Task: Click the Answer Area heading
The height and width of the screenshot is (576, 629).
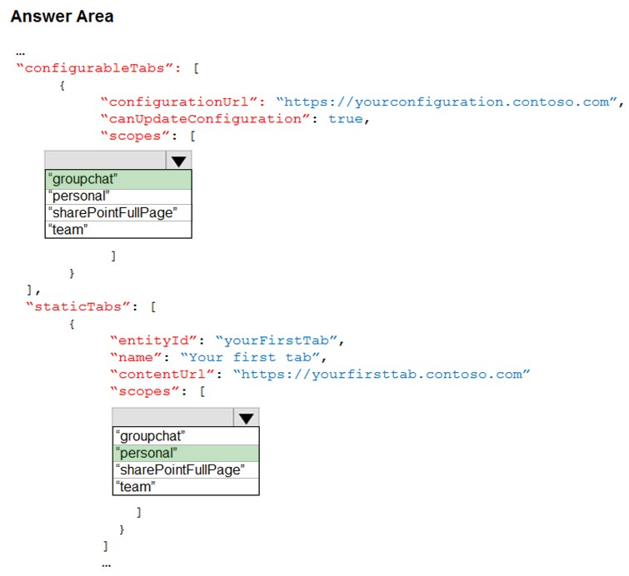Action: (62, 17)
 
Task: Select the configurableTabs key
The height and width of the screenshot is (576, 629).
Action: (98, 68)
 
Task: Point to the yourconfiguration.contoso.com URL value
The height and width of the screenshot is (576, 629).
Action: (447, 102)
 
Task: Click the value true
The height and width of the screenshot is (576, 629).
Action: (346, 119)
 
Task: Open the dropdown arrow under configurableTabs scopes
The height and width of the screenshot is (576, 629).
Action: (178, 161)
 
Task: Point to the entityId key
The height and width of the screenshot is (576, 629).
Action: (153, 340)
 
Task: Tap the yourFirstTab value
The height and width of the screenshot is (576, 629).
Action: (277, 340)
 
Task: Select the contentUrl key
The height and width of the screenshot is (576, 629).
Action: (162, 374)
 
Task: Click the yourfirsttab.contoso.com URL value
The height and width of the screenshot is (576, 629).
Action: (382, 375)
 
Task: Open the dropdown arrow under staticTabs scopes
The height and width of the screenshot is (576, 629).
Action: (246, 418)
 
